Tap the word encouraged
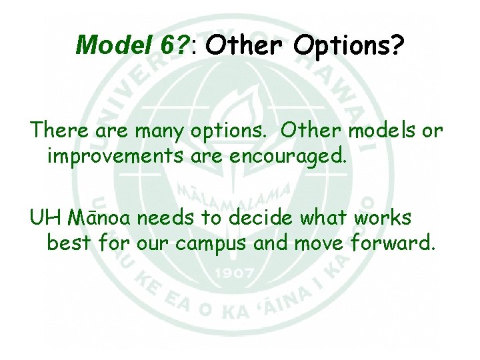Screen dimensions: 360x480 [290, 157]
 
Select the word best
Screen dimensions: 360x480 [69, 243]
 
